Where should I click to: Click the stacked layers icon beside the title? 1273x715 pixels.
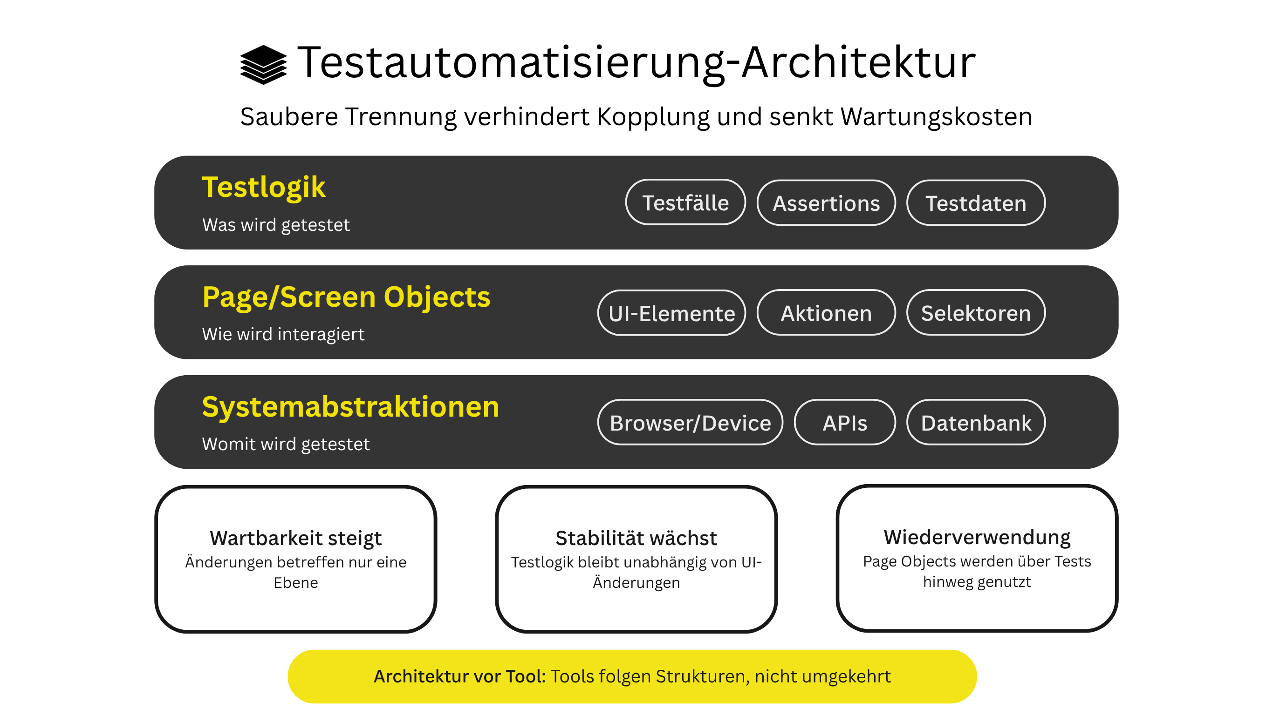pos(263,65)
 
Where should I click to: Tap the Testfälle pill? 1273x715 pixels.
pos(685,203)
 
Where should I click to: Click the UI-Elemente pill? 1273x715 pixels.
pos(671,314)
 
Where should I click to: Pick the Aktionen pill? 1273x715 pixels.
pos(826,313)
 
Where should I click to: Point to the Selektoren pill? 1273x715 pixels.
pos(976,313)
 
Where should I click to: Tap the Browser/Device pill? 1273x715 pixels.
pos(690,423)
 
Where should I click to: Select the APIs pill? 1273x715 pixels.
pos(844,423)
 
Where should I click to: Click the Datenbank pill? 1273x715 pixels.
pos(976,423)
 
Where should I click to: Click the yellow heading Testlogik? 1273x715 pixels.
pos(264,188)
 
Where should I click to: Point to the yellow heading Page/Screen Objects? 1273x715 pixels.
pos(346,297)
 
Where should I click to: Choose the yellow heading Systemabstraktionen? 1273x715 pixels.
pos(350,407)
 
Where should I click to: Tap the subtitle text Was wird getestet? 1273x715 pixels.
pos(276,225)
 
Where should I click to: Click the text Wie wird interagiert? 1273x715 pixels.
pos(283,335)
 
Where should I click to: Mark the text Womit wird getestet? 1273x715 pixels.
pos(286,445)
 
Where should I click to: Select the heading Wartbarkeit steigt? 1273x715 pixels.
pos(295,538)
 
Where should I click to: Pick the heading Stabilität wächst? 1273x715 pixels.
pos(636,538)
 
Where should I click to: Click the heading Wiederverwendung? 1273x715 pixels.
pos(977,537)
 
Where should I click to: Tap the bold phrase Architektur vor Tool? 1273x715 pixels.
pos(459,676)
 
